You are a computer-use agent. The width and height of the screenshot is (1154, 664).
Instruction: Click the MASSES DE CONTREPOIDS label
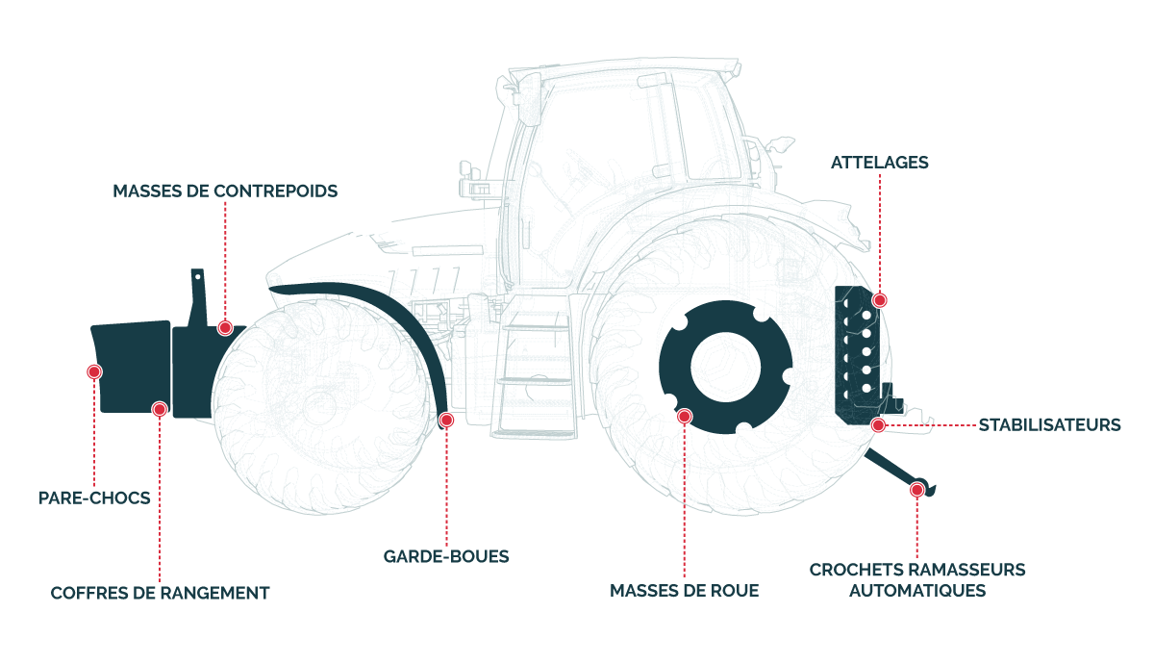(x=225, y=191)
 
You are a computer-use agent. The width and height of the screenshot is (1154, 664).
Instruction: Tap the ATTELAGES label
(x=880, y=163)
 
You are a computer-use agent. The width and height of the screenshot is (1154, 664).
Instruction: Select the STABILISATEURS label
(x=1049, y=424)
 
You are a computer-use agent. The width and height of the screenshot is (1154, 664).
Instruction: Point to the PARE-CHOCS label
(x=94, y=498)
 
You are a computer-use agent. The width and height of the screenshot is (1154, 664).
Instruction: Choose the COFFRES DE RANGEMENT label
(x=160, y=593)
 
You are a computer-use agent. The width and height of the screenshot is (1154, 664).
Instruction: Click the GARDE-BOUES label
(x=446, y=556)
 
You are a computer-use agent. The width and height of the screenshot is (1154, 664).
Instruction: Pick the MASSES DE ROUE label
(x=684, y=591)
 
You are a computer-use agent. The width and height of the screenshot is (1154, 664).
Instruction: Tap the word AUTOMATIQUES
(x=917, y=591)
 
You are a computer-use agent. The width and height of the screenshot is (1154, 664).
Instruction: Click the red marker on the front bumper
(x=94, y=371)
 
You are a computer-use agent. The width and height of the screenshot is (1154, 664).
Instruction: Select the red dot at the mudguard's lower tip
(x=446, y=420)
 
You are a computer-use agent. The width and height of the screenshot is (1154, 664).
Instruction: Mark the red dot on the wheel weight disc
(x=685, y=417)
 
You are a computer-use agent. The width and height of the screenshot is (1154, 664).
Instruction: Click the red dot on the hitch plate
(x=879, y=300)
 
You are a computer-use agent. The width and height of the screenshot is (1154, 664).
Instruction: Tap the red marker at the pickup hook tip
(x=917, y=490)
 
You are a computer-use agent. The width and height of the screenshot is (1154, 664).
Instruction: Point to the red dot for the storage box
(x=160, y=409)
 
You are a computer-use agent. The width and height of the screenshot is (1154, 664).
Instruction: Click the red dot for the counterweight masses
(x=225, y=328)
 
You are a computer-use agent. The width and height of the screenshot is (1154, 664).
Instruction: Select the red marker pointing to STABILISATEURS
(x=878, y=424)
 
